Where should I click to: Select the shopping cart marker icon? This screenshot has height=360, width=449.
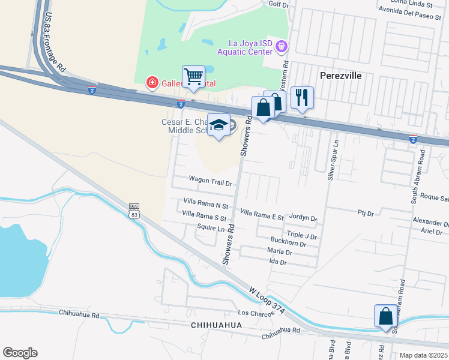tap(193, 77)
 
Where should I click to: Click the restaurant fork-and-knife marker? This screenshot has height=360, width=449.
tap(302, 97)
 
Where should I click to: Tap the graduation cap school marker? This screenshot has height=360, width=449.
tap(219, 125)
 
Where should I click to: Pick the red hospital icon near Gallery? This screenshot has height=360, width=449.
tap(152, 82)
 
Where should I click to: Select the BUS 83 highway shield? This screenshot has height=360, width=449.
tap(134, 211)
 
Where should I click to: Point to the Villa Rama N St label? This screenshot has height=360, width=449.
tap(206, 205)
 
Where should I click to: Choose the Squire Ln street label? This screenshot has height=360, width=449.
tap(210, 227)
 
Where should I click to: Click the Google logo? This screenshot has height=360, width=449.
tap(20, 353)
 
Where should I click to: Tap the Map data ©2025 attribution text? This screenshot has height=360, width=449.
tap(423, 355)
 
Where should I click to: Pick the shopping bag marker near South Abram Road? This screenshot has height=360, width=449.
tap(385, 316)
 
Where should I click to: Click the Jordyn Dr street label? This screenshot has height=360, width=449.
tap(303, 218)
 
